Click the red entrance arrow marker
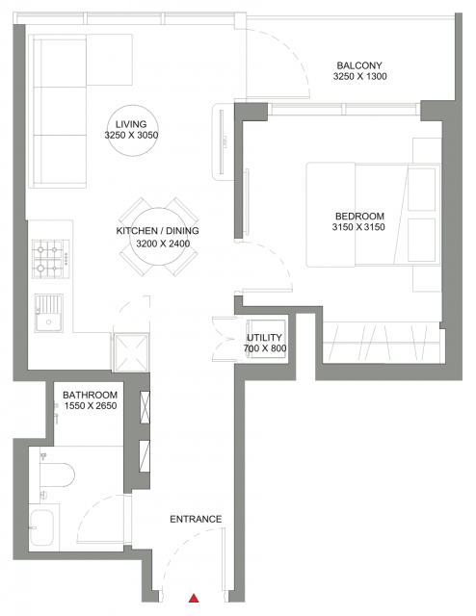(194, 599)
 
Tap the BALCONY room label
(359, 65)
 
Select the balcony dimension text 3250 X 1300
(360, 77)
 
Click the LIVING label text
(131, 124)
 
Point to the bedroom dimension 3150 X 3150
(358, 227)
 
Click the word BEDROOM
(359, 216)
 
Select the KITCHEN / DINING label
(157, 231)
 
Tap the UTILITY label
(264, 338)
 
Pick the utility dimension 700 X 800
(265, 348)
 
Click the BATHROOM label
(90, 395)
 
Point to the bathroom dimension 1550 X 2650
(91, 406)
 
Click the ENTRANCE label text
(196, 520)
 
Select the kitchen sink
(49, 313)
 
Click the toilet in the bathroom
(57, 475)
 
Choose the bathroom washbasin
(41, 527)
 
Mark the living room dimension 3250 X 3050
(131, 136)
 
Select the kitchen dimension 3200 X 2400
(163, 244)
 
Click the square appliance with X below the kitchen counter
(131, 353)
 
